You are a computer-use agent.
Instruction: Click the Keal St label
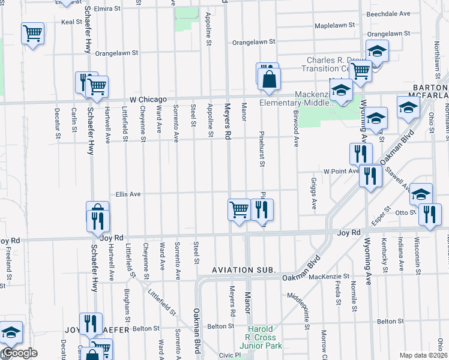tap(71, 22)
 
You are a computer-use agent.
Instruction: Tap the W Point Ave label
tap(341, 171)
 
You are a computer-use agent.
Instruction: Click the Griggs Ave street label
tap(314, 193)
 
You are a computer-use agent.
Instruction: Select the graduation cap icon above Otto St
tap(421, 194)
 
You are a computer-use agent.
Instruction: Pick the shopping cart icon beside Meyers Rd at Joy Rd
tap(239, 209)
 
